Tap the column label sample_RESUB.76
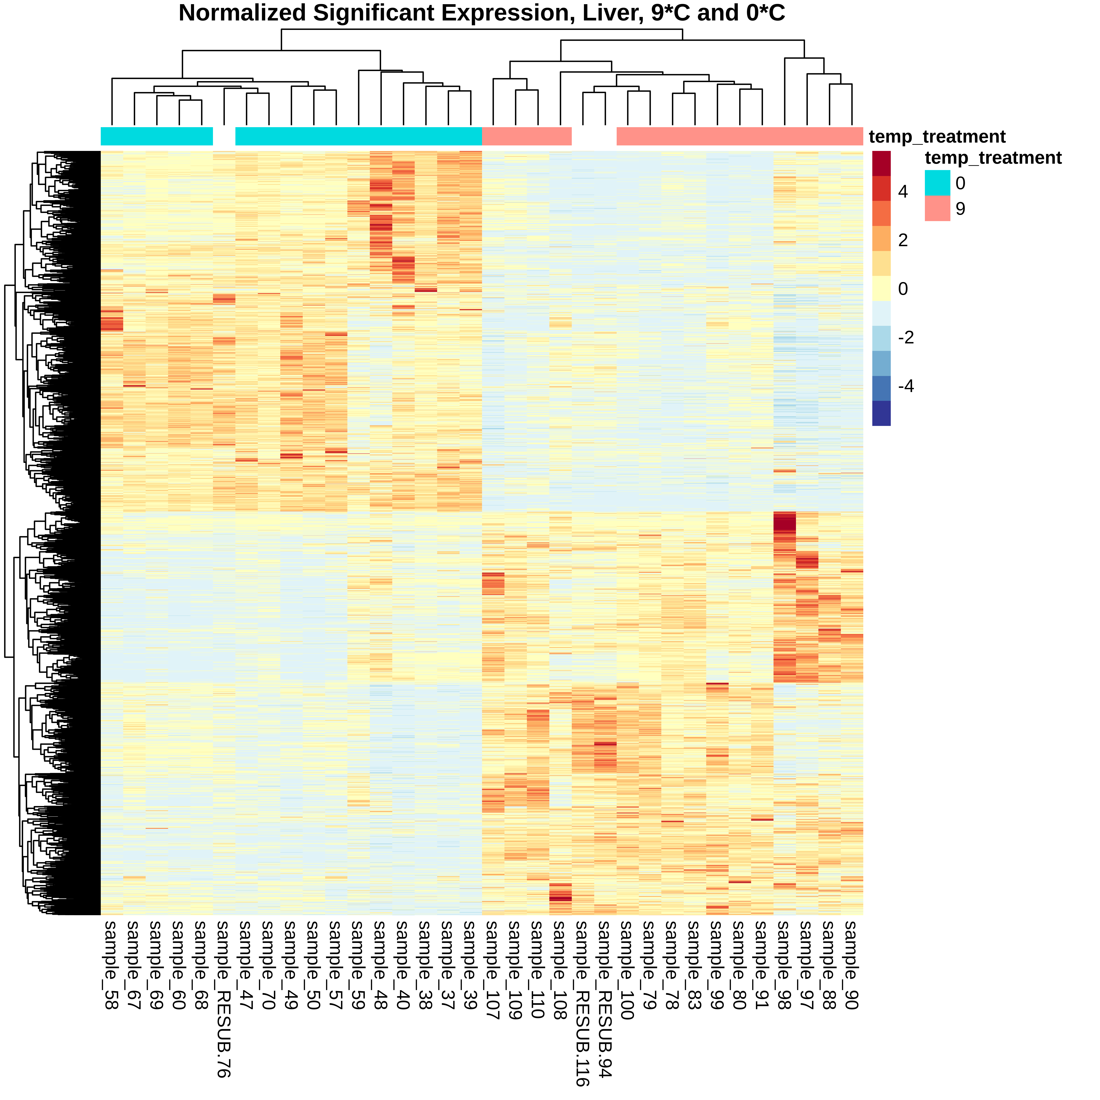coord(224,999)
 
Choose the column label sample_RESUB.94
coord(605,999)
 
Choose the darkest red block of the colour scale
coord(881,163)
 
